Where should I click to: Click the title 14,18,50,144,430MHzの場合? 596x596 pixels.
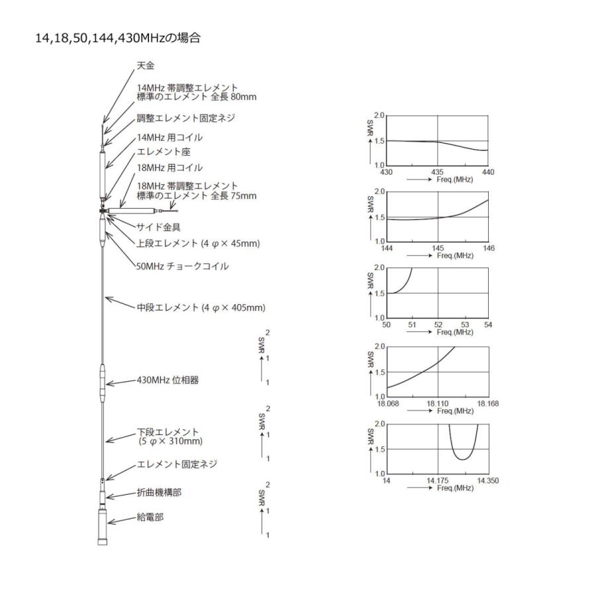tap(118, 38)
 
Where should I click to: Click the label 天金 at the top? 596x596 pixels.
tap(145, 66)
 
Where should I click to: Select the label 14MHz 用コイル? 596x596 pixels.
tap(170, 138)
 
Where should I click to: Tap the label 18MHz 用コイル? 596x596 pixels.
tap(170, 168)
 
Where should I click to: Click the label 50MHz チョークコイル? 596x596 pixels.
tap(182, 266)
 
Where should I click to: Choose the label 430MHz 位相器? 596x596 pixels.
tap(168, 381)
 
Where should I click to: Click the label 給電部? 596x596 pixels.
tap(150, 517)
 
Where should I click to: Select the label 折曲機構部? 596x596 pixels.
tap(159, 494)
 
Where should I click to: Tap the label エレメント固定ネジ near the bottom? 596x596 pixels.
tap(176, 464)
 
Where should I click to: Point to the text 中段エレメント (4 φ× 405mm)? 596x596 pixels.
tap(201, 307)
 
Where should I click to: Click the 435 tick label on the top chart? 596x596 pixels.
tap(438, 172)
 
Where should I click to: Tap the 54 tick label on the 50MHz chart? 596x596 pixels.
tap(489, 324)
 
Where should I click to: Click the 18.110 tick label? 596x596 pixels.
tap(438, 403)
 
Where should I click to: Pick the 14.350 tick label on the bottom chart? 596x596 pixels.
tap(486, 480)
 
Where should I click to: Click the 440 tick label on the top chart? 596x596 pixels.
tap(489, 172)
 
